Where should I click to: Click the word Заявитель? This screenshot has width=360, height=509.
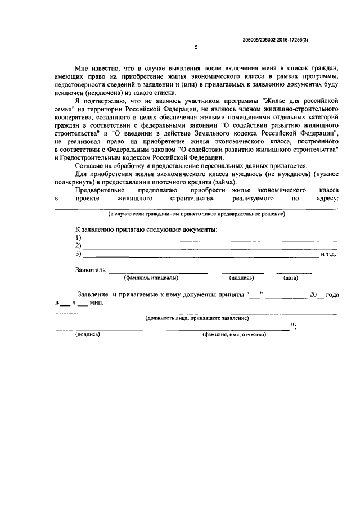pos(90,270)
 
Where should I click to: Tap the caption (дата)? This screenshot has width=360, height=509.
pos(291,278)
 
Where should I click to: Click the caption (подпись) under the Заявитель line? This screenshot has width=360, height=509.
pos(242,278)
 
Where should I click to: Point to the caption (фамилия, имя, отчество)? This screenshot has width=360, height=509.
pos(235,334)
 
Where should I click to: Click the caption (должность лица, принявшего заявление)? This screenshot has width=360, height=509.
pos(196,318)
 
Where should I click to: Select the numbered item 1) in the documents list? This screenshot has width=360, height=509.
pos(78,238)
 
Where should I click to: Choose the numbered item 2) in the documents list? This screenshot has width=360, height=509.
pos(78,246)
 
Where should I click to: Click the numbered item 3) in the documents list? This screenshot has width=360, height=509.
pos(78,254)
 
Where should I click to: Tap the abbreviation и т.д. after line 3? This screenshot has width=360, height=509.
pos(328,255)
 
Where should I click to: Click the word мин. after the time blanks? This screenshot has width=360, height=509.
pos(97,303)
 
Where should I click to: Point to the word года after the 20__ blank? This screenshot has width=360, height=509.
pos(332,294)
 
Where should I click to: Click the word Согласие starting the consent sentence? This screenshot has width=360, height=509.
pos(91,166)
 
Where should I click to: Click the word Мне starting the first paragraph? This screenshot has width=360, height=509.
pos(83,68)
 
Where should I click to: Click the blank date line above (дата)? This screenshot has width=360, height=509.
pos(294,272)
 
